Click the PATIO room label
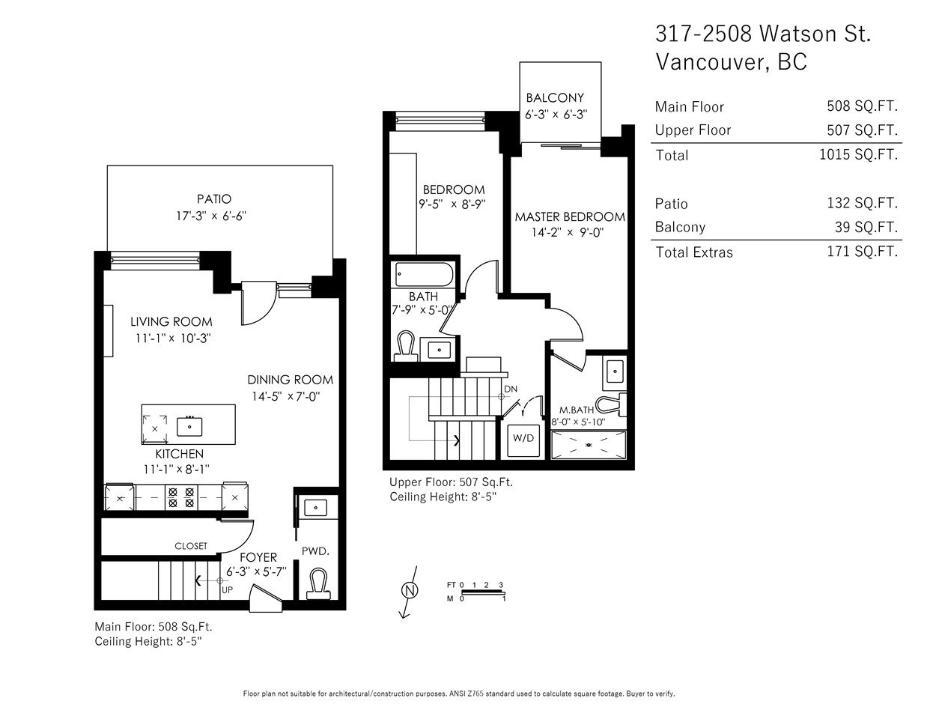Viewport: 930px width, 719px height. (214, 199)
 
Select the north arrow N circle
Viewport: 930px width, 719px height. (410, 591)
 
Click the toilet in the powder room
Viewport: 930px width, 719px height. (318, 583)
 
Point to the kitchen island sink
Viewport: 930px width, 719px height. (189, 426)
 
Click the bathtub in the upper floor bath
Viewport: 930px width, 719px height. (424, 274)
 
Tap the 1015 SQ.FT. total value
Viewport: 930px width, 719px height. (858, 154)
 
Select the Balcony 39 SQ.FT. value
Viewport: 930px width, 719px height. (866, 227)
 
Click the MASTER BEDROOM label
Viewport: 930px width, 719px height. (570, 217)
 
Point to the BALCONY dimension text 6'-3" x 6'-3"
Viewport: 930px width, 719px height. (556, 115)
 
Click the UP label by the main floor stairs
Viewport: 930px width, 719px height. (227, 590)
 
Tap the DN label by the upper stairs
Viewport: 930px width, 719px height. (511, 389)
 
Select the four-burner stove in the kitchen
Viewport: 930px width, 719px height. (181, 497)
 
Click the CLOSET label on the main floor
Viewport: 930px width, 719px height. (191, 546)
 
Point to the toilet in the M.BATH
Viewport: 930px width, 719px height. (611, 404)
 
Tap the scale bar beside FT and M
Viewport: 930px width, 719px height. (483, 592)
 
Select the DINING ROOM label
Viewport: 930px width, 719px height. (291, 380)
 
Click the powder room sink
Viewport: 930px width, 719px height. (315, 508)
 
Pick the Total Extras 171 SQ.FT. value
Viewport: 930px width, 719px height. (863, 251)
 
